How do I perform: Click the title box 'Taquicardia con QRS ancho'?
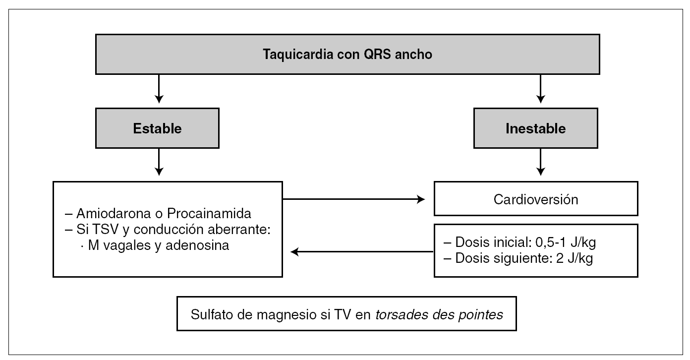347,54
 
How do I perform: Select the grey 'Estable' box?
158,129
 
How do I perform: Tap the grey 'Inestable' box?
536,129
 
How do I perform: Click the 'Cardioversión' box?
536,199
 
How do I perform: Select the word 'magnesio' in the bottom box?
278,314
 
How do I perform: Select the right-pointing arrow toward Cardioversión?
354,199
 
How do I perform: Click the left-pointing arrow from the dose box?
362,252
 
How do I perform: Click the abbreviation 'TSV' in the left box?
99,230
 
